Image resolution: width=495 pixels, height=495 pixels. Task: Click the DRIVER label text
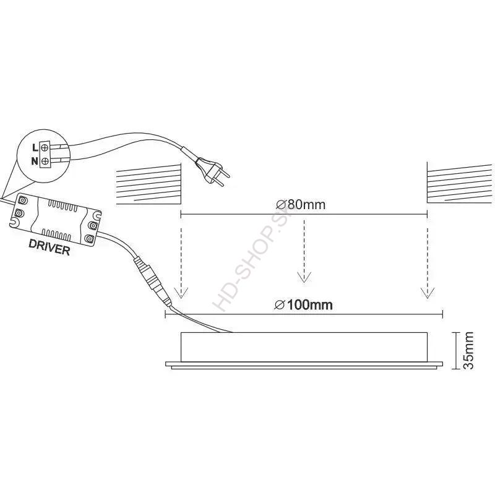click(x=49, y=247)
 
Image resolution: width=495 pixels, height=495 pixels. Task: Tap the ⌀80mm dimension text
click(x=301, y=205)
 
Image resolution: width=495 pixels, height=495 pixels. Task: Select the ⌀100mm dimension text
click(x=303, y=305)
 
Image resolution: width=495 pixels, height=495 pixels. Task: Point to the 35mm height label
click(x=468, y=350)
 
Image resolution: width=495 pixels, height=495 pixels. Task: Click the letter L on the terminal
click(x=35, y=147)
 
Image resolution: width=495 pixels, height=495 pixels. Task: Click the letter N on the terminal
click(x=35, y=161)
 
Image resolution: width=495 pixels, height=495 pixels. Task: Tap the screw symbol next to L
click(x=45, y=147)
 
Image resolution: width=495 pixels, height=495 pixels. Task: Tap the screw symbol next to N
click(x=45, y=161)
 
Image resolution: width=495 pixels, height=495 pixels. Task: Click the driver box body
click(x=56, y=219)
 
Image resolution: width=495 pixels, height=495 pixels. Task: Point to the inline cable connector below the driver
click(x=153, y=281)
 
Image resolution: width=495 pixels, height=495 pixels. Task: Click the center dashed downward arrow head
click(x=304, y=277)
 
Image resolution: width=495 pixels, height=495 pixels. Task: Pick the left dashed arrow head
click(x=181, y=293)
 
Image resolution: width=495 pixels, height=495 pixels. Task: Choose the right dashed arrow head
click(x=427, y=293)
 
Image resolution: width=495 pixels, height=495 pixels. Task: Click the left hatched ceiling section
click(x=148, y=184)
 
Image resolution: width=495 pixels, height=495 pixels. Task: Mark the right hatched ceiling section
click(x=459, y=184)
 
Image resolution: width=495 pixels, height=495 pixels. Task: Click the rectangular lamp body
click(x=304, y=347)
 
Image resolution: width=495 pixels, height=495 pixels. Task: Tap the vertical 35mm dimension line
click(x=456, y=350)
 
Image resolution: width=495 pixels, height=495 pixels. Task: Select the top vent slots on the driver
click(x=62, y=206)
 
